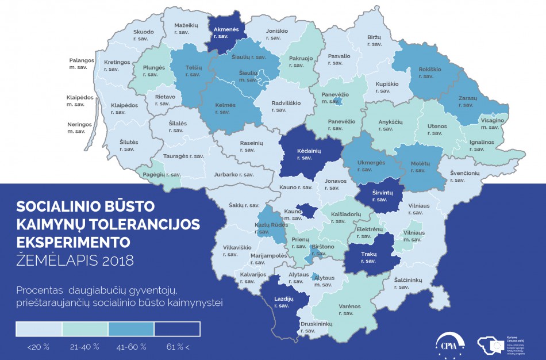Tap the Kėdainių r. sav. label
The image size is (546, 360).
309,154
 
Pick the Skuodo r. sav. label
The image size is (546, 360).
143,35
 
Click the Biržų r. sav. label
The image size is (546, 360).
374,41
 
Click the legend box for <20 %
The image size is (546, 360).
39,329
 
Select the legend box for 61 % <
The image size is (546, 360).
177,329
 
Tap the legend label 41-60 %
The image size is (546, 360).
132,347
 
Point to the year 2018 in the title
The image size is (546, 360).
117,260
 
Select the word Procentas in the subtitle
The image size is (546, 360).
39,289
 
